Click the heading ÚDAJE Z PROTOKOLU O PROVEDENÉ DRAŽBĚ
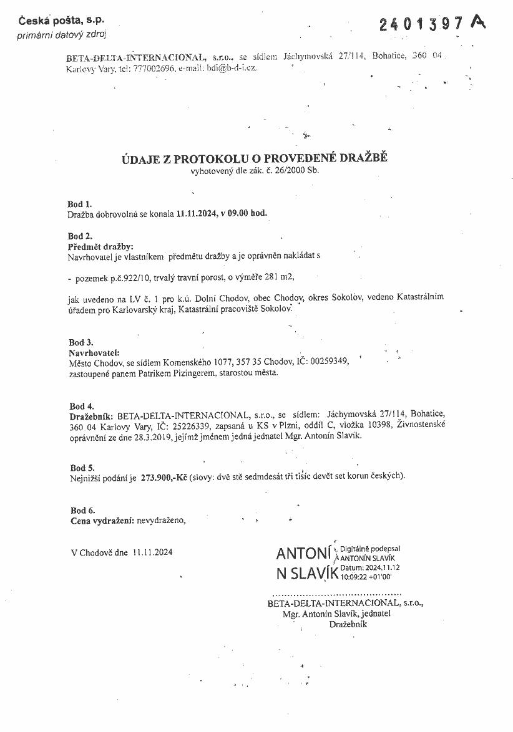[x=254, y=158]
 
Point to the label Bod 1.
[x=79, y=204]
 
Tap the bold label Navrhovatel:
[x=93, y=352]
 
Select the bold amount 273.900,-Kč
[x=164, y=477]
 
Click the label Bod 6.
[x=82, y=511]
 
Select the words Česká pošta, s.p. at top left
[x=56, y=21]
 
